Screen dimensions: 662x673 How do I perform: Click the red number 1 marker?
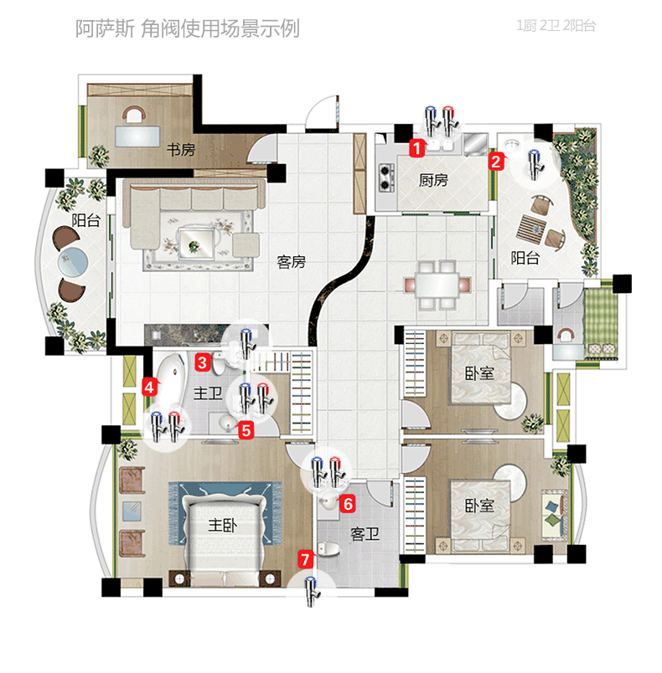[x=416, y=148]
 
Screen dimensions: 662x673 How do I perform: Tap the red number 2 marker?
[x=496, y=162]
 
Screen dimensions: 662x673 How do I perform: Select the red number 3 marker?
[x=202, y=362]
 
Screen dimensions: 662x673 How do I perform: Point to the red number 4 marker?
[x=149, y=388]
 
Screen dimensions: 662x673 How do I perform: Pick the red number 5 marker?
[x=246, y=430]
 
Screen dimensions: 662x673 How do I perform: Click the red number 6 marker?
[x=348, y=503]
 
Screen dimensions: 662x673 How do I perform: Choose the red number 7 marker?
[x=305, y=559]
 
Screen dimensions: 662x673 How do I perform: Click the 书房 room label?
[x=181, y=150]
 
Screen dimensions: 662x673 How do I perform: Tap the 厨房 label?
[x=433, y=180]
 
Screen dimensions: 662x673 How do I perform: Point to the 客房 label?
[x=291, y=261]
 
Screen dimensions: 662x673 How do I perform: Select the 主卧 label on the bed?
[x=222, y=525]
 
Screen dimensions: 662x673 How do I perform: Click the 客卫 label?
[x=365, y=534]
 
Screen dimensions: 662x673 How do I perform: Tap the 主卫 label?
[x=208, y=393]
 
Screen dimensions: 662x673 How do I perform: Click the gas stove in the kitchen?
[x=385, y=177]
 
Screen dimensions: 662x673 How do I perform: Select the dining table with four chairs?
[x=437, y=285]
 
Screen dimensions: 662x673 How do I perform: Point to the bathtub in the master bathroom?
[x=168, y=384]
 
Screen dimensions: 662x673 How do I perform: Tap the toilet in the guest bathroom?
[x=328, y=549]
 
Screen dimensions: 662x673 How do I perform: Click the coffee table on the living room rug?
[x=197, y=243]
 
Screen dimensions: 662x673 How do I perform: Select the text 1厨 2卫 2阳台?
[x=556, y=26]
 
